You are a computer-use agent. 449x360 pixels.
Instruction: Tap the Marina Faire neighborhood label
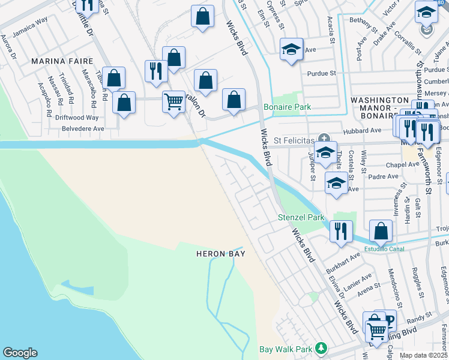(62, 61)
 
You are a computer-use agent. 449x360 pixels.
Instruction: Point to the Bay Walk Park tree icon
(322, 348)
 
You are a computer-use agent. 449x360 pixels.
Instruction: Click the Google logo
(20, 353)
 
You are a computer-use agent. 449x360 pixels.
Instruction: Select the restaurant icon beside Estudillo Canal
(341, 230)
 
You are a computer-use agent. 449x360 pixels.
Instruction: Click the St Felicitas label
(294, 140)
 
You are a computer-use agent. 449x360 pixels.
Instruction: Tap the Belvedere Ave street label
(81, 128)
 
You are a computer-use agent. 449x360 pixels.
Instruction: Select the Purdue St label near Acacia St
(321, 73)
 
